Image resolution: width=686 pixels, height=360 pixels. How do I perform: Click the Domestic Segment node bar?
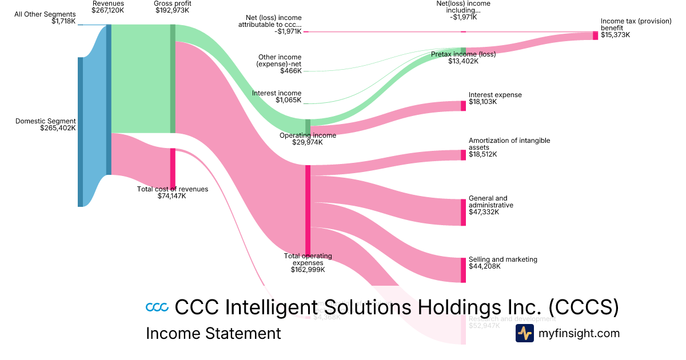coord(80,131)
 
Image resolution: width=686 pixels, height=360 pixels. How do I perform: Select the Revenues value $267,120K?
coord(108,10)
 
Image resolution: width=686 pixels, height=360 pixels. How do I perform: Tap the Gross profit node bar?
coord(173,79)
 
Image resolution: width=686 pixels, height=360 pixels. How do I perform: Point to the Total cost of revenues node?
coord(173,168)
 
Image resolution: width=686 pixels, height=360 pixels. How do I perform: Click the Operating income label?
coord(308,135)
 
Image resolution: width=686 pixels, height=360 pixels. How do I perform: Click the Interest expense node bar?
coord(463,106)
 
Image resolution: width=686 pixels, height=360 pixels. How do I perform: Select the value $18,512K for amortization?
coord(482,154)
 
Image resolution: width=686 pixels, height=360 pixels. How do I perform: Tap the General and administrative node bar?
coord(463,212)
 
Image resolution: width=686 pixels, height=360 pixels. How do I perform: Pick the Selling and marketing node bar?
coord(463,270)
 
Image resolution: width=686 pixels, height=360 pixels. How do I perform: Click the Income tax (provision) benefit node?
coord(595,35)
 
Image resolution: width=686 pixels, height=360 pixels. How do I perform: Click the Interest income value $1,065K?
coord(288,100)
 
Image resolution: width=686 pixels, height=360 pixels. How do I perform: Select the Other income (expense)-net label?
coord(280,61)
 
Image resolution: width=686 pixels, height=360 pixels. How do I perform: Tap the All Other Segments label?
coord(45,14)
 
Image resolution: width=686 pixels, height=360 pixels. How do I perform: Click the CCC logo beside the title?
coord(157,307)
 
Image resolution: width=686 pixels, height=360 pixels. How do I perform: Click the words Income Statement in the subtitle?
coord(213,333)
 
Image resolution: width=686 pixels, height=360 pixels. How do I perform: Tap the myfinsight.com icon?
coord(524,333)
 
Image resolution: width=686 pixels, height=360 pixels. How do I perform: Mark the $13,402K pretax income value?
coord(463,61)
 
